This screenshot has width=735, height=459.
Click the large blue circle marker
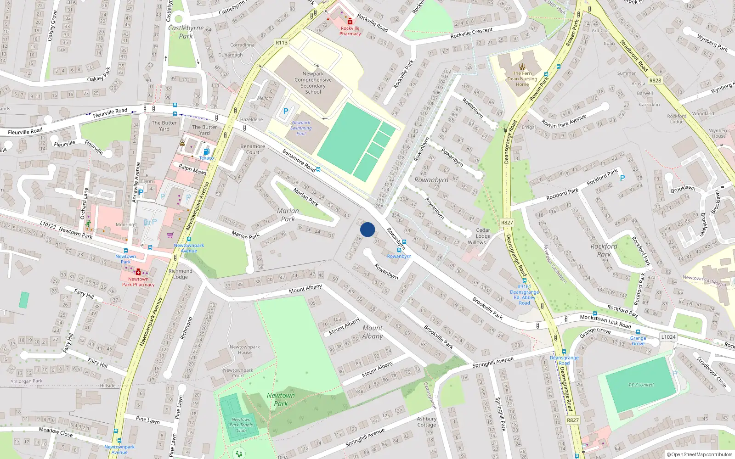point(367,229)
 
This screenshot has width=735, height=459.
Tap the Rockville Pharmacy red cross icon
point(350,21)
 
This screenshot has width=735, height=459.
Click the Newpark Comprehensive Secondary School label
point(313,83)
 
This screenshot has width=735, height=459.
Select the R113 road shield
point(282,43)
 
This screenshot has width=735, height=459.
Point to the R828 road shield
point(655,80)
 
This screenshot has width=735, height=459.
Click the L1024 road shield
point(668,337)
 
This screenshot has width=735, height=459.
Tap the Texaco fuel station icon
point(206,151)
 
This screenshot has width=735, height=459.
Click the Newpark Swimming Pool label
point(301,128)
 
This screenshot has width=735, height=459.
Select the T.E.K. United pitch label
point(641,385)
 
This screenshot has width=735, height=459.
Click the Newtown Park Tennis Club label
point(241,425)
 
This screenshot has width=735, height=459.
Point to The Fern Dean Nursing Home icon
point(522,66)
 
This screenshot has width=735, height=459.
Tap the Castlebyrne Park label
point(186,32)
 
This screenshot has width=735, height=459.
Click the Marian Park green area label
point(288,215)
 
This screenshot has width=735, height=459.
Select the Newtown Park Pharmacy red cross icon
point(138,272)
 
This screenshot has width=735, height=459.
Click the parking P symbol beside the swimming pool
point(286,111)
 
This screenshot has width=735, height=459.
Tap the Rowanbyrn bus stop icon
point(399,250)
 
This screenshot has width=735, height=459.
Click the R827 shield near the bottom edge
point(573,420)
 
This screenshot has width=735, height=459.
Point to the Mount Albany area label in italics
point(372,332)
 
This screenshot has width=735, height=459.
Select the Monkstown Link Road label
point(605,321)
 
